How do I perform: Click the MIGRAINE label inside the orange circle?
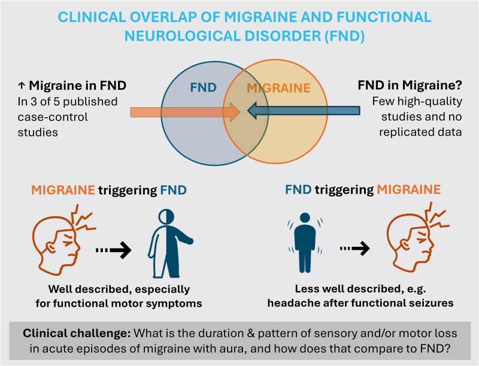point(279,89)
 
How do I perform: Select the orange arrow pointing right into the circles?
point(180,111)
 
